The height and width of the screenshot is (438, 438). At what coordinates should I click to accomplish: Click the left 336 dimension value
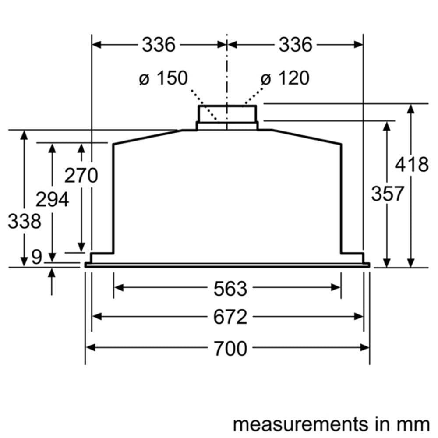[158, 45]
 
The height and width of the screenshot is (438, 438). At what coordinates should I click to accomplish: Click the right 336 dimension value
[295, 45]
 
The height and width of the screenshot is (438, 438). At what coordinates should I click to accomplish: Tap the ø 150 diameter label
[163, 78]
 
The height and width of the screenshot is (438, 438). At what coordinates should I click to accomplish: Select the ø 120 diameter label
[285, 78]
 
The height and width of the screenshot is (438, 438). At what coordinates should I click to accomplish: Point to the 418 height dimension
[411, 165]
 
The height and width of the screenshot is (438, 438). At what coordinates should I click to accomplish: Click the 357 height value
[388, 193]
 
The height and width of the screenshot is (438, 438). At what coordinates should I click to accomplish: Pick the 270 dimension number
[81, 176]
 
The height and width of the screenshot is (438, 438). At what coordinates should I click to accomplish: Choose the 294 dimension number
[52, 200]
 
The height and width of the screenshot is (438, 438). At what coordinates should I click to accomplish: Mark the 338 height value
[24, 221]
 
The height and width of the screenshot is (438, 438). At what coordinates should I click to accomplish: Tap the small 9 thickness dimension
[37, 258]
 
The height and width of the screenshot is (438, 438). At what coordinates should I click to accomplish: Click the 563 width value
[230, 288]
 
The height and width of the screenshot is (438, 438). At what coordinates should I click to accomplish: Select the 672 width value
[230, 317]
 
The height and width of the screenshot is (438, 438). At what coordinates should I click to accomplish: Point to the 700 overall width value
[230, 348]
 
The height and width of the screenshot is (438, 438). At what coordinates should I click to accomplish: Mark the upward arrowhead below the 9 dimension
[52, 273]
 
